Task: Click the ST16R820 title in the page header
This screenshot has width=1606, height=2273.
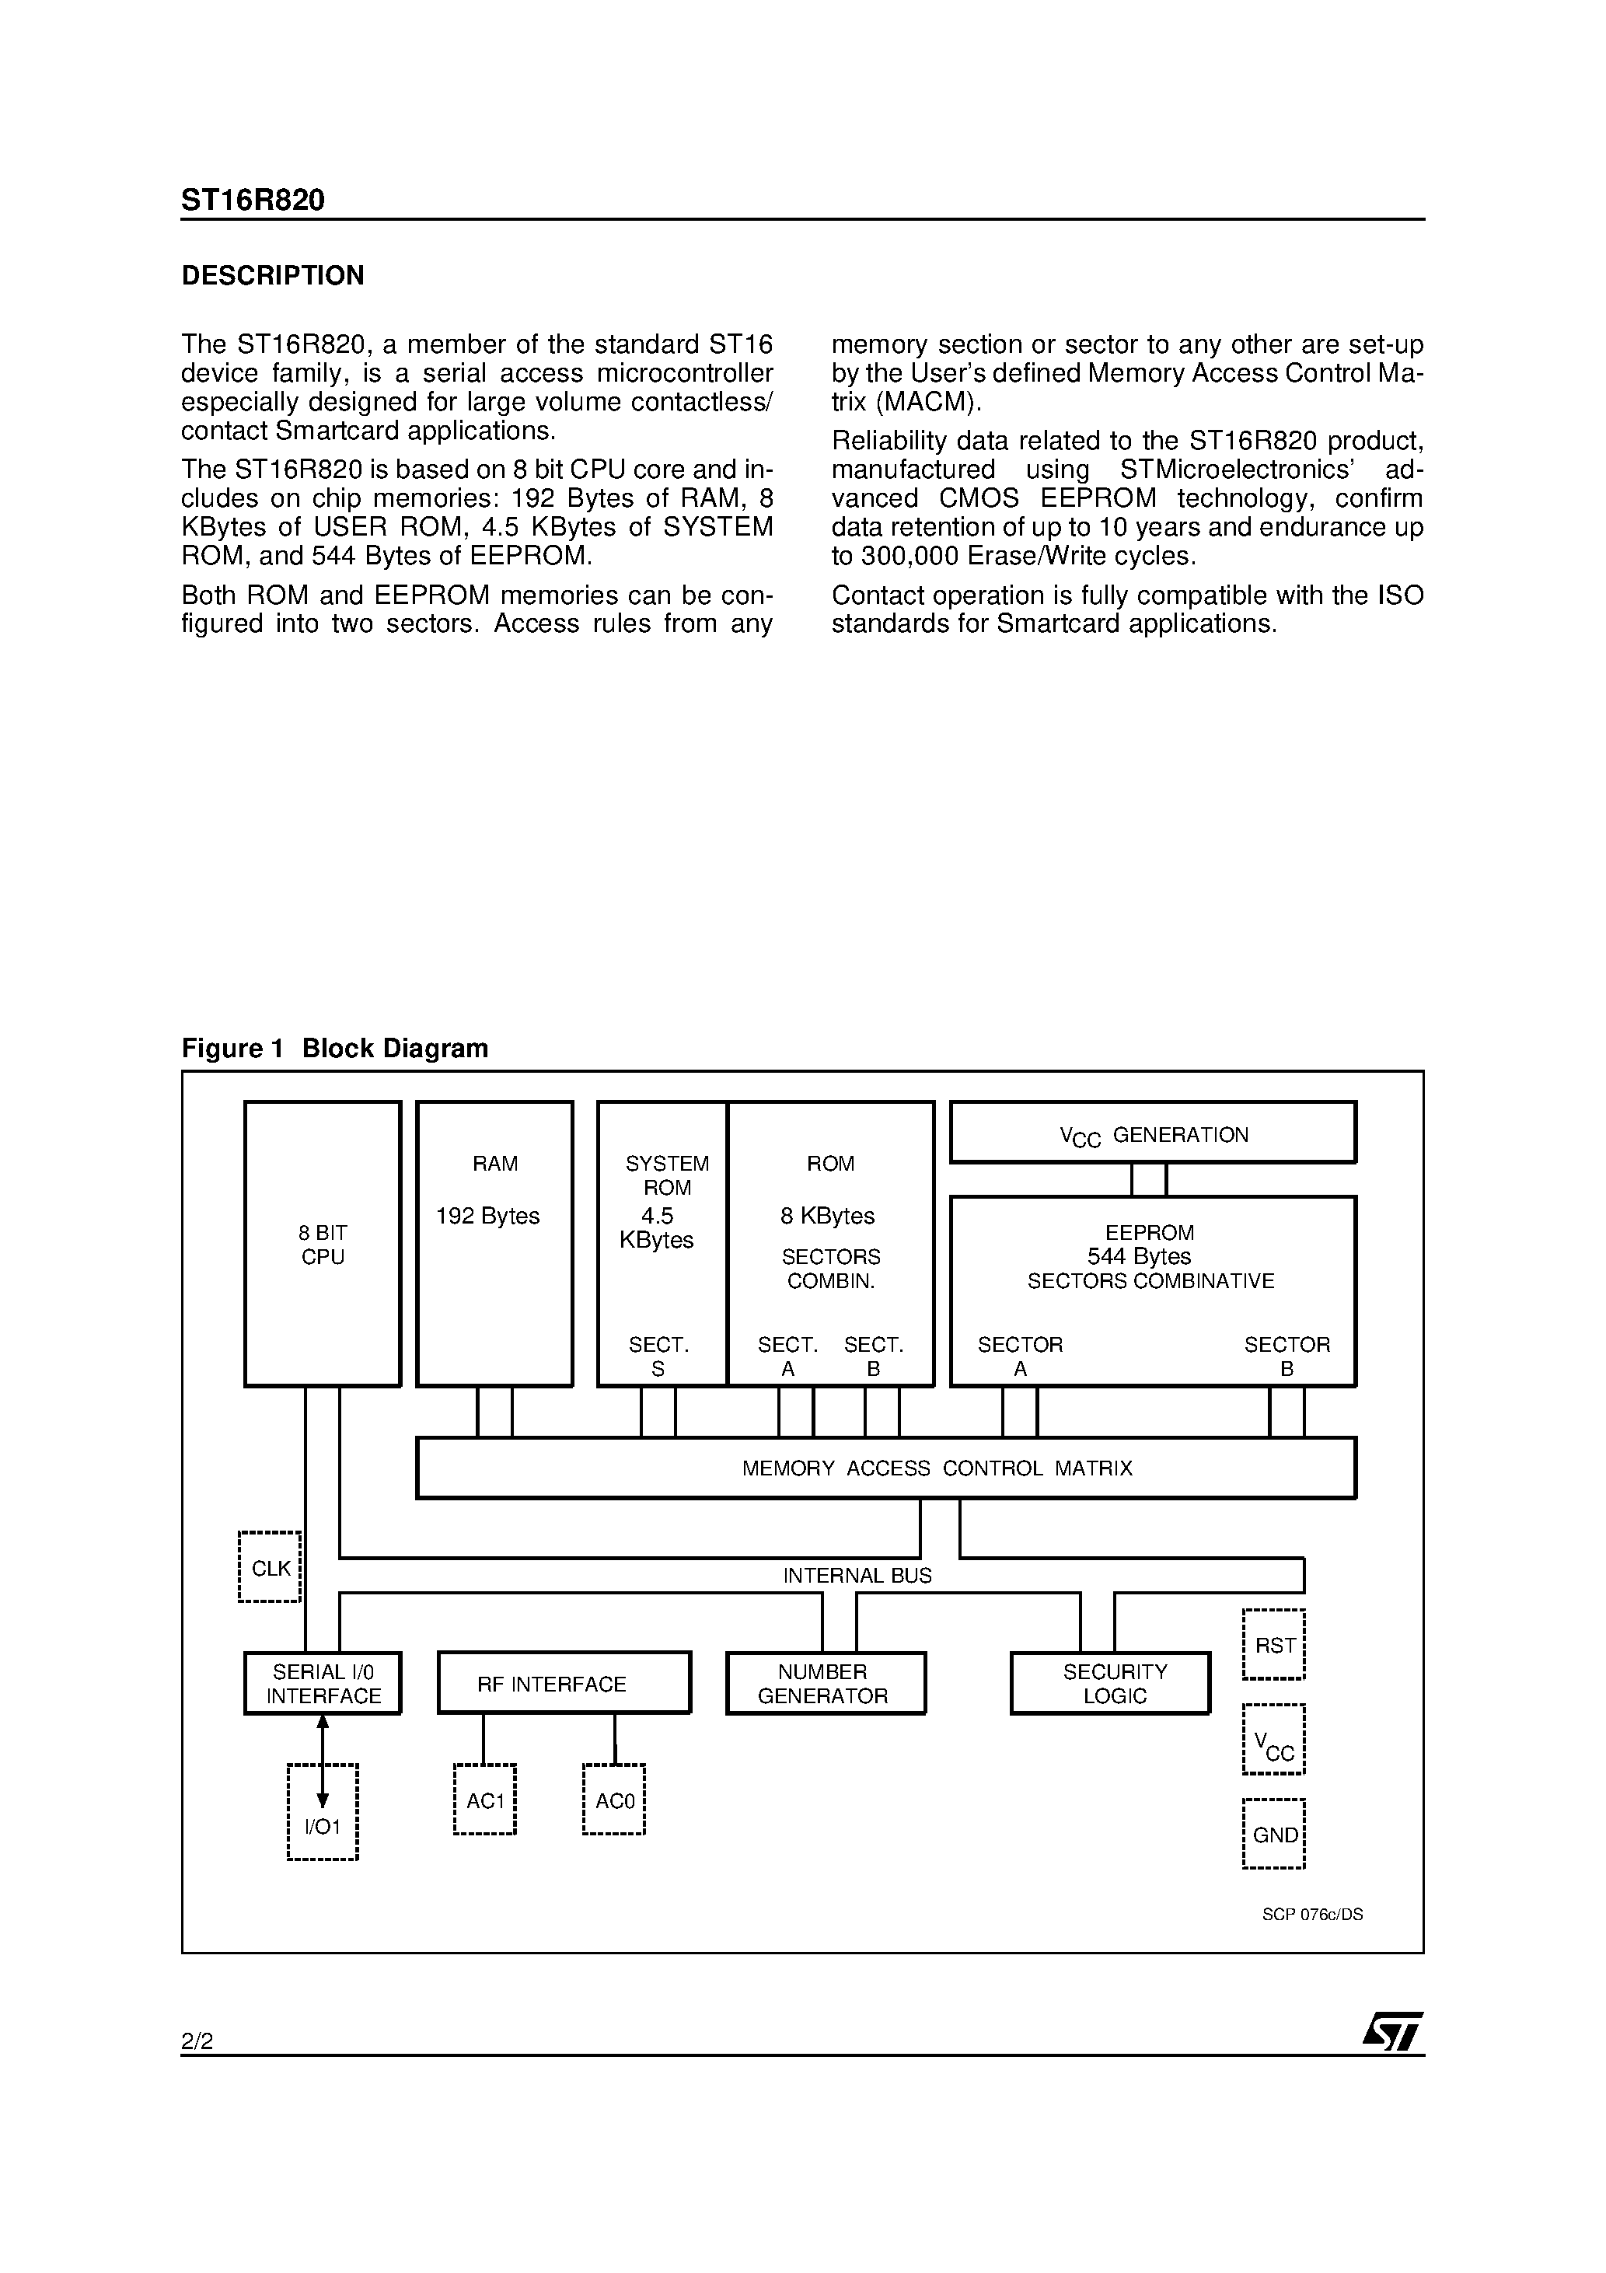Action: tap(253, 201)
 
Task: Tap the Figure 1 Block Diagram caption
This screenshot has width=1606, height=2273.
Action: tap(335, 1049)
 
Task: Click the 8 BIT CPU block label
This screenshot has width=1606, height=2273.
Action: tap(323, 1245)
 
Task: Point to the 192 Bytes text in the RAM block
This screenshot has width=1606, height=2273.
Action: tap(488, 1216)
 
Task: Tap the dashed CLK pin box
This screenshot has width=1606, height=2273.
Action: tap(271, 1568)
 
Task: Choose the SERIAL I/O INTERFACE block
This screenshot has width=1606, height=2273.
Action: tap(323, 1684)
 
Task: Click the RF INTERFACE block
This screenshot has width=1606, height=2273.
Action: tap(564, 1684)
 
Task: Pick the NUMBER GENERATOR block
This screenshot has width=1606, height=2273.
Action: tap(825, 1684)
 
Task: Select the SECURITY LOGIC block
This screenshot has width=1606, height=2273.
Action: tap(1111, 1684)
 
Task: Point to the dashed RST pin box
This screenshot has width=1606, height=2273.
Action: tap(1274, 1646)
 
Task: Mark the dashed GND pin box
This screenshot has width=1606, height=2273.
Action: tap(1274, 1835)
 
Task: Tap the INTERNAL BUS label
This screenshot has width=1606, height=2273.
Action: tap(857, 1575)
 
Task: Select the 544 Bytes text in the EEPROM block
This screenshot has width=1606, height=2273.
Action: tap(1139, 1256)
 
